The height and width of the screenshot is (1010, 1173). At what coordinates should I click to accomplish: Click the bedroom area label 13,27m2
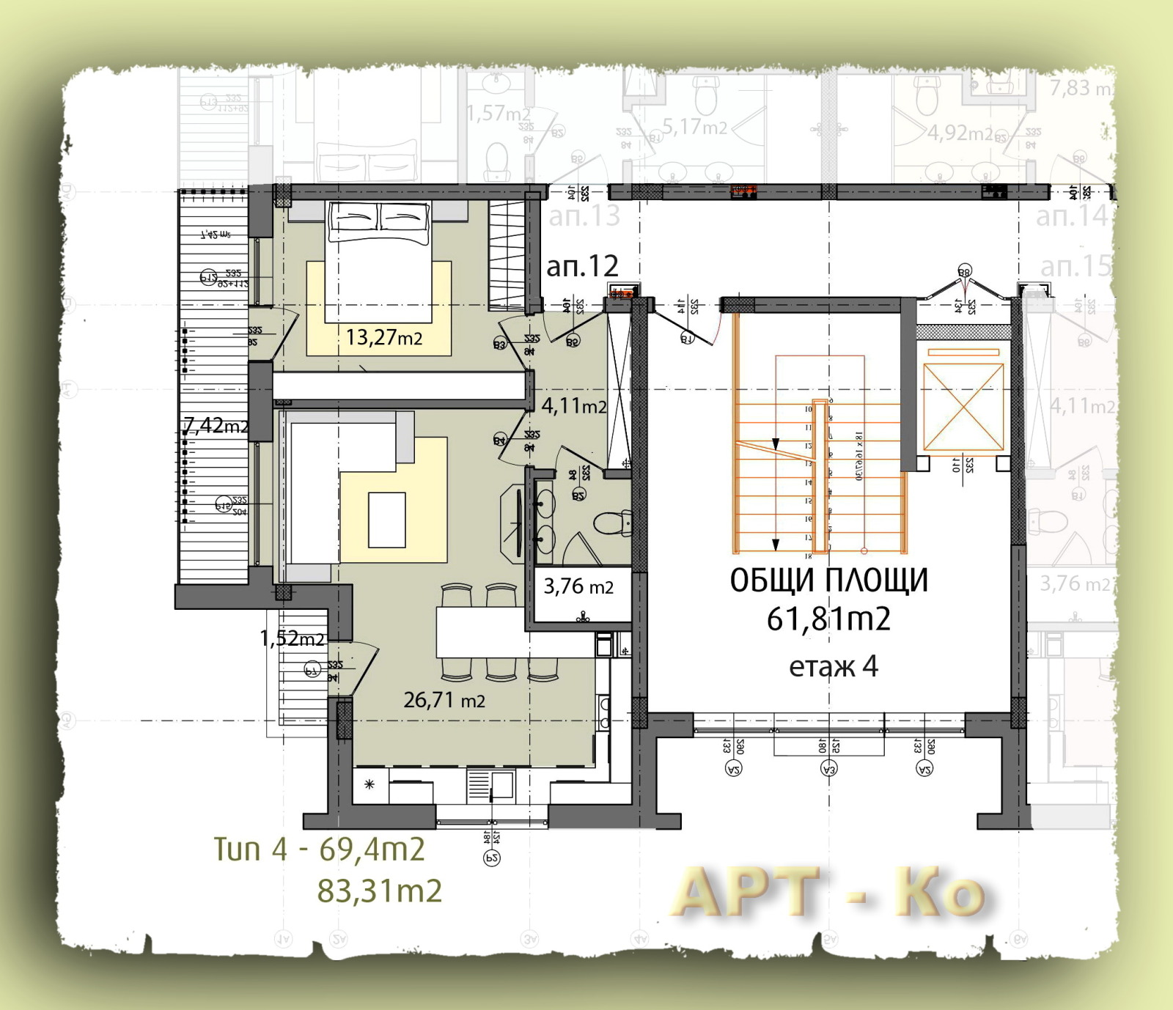tap(383, 337)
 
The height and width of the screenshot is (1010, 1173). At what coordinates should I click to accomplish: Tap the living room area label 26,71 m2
tap(444, 700)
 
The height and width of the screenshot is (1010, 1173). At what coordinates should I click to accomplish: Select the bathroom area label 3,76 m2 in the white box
tap(578, 586)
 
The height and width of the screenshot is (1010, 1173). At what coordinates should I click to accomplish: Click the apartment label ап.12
tap(582, 266)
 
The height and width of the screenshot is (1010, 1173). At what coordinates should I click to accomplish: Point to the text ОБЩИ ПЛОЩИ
tap(828, 580)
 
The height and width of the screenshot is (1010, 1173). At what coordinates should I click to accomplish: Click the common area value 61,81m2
tap(828, 619)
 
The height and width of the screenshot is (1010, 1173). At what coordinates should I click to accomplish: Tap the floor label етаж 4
tap(833, 667)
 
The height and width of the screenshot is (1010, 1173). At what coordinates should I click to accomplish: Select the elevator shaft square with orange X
tap(963, 407)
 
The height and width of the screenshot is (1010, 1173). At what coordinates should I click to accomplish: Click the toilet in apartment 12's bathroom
tap(611, 523)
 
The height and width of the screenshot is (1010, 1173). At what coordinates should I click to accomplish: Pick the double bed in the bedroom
tap(378, 260)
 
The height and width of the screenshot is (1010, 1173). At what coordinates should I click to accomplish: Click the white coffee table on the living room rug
tap(386, 520)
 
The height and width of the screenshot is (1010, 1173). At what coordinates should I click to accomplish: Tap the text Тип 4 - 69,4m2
tap(319, 849)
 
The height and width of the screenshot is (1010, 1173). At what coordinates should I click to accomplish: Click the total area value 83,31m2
tap(379, 891)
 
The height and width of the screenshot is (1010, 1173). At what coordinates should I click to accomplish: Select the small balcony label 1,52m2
tap(292, 638)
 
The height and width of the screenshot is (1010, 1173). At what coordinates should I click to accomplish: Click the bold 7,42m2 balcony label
tap(216, 425)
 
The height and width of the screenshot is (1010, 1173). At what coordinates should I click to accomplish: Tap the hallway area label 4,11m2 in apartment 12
tap(573, 405)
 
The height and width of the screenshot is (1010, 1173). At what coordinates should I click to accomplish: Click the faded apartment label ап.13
tap(584, 216)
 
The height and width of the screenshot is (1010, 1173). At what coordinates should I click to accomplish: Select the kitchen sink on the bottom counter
tap(501, 784)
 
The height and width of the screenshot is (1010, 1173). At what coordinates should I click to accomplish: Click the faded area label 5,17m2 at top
tap(694, 128)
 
